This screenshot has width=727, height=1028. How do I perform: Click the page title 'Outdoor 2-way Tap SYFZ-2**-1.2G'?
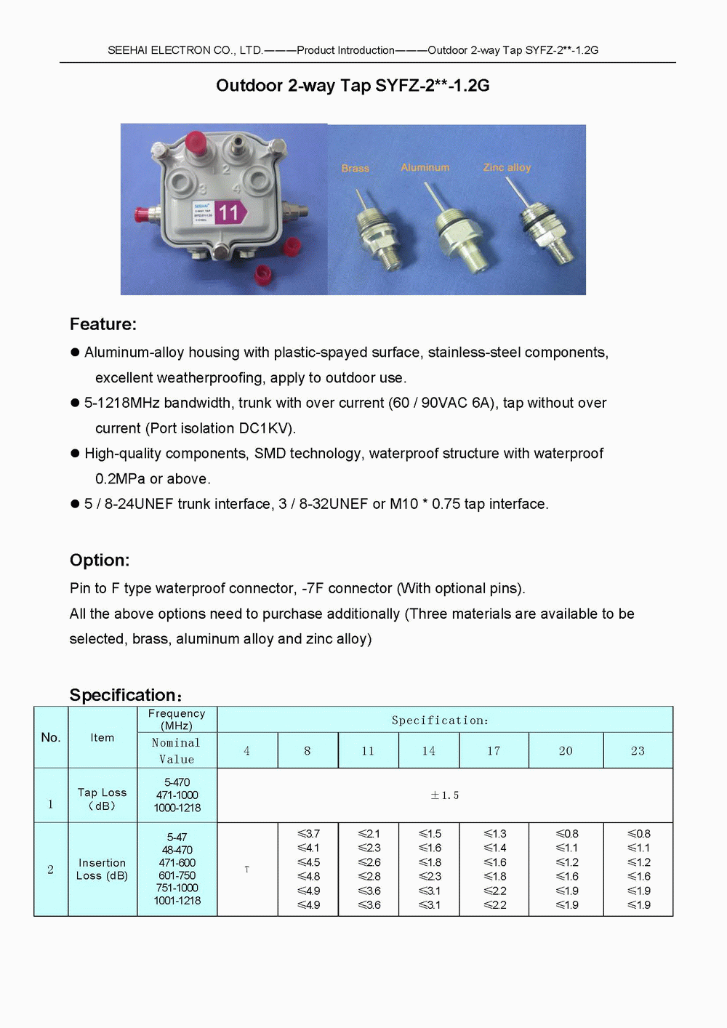(x=353, y=86)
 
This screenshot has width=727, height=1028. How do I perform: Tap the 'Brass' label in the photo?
(x=356, y=168)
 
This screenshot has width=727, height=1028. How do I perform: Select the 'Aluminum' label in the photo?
(x=425, y=167)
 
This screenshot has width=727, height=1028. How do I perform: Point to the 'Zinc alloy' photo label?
(x=507, y=167)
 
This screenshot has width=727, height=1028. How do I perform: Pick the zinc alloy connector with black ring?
(x=547, y=233)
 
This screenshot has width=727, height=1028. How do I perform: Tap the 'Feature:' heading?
(x=103, y=324)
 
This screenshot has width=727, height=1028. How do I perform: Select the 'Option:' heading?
(x=100, y=560)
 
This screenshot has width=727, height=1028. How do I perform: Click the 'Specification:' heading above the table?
(x=125, y=695)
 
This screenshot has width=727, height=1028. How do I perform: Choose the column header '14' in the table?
(x=429, y=751)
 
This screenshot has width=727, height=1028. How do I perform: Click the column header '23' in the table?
(x=638, y=751)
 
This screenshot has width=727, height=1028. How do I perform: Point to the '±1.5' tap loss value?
(x=444, y=795)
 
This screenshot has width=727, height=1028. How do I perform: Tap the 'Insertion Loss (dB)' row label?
(x=102, y=869)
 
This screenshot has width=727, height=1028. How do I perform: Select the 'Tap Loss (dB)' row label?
(x=102, y=798)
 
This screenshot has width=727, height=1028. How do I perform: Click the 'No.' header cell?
(x=51, y=737)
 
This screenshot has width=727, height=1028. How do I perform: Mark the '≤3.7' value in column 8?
(x=308, y=834)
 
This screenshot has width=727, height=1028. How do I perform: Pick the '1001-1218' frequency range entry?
(x=177, y=901)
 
